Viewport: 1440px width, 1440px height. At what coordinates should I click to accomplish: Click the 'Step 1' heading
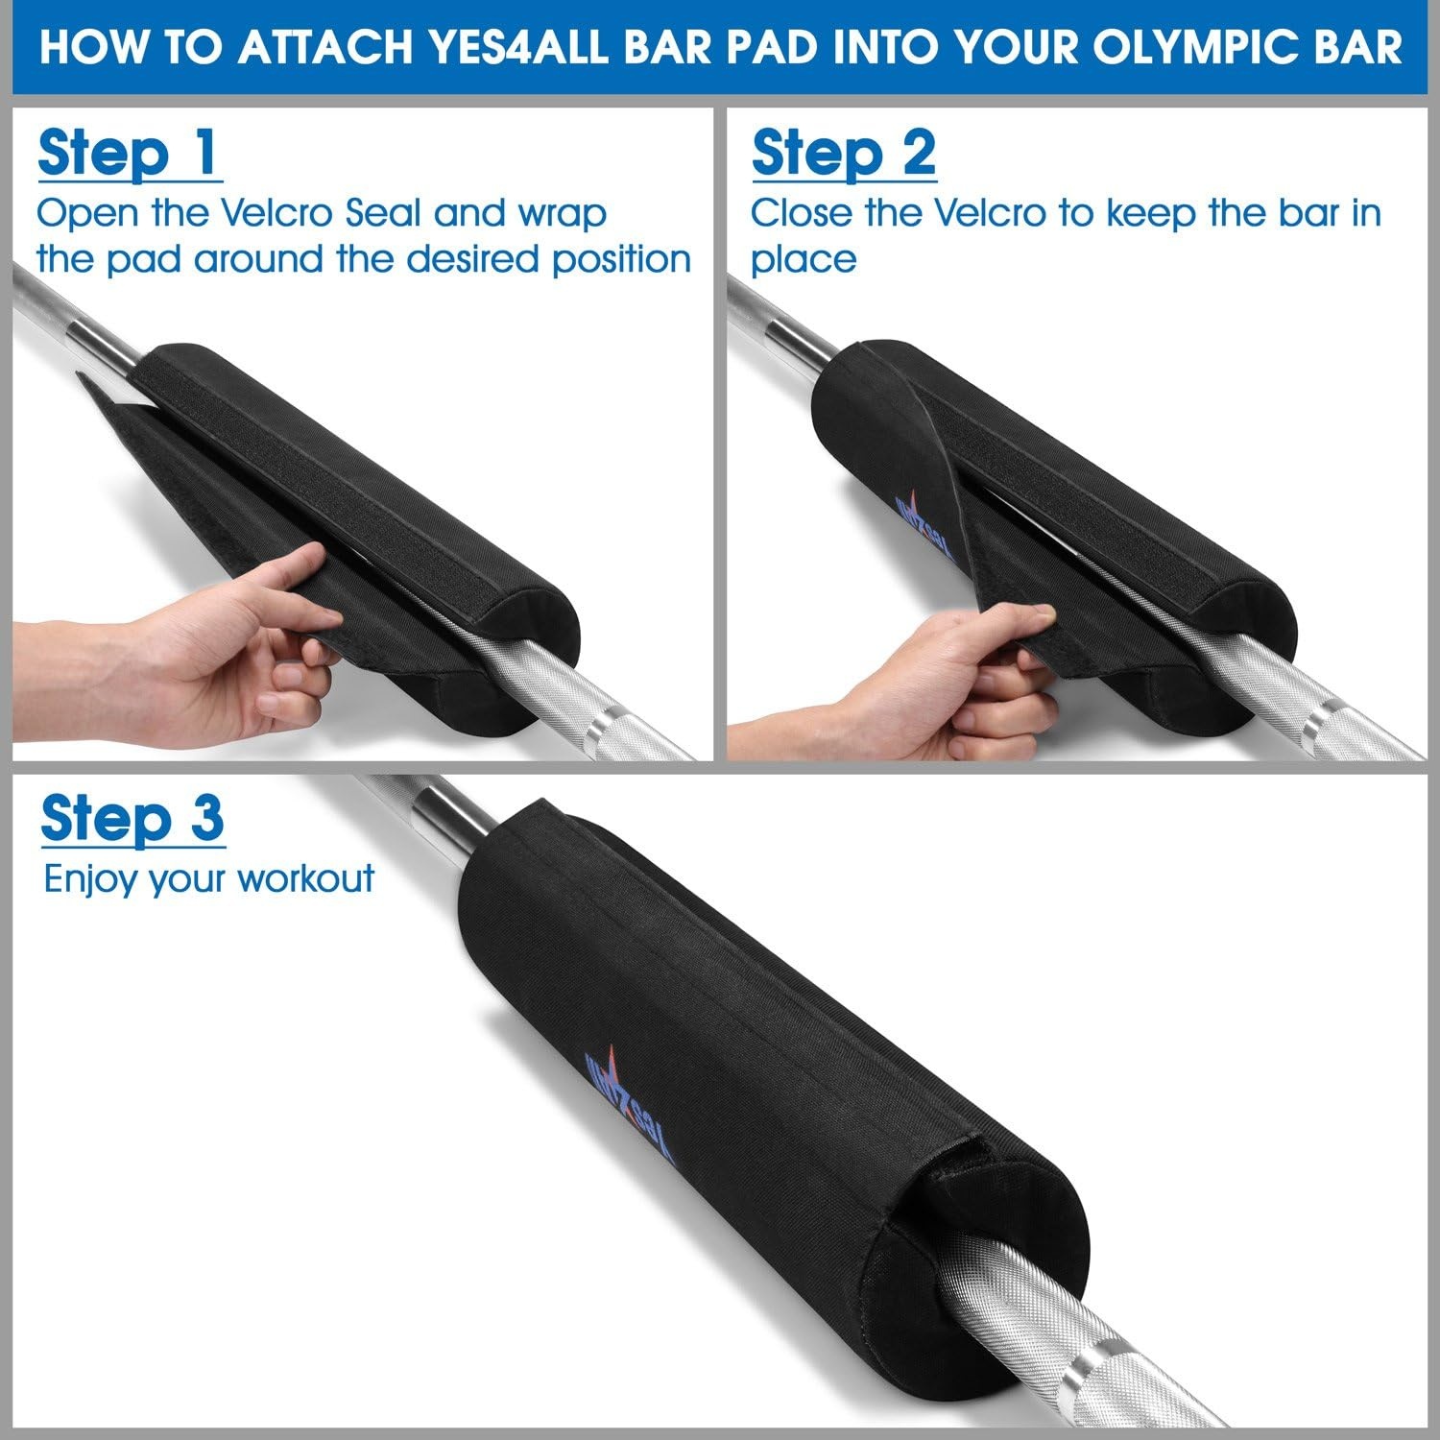tap(130, 153)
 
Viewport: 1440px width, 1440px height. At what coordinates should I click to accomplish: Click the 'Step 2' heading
tap(844, 153)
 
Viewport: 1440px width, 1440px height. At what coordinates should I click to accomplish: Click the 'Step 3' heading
tap(132, 819)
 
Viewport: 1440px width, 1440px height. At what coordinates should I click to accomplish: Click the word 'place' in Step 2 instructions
tap(804, 259)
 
